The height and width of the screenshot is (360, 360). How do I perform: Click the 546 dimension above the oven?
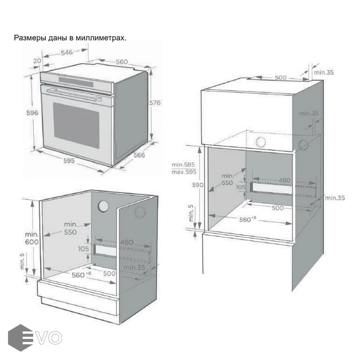pos(67,52)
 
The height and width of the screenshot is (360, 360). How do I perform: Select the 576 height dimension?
pos(155,103)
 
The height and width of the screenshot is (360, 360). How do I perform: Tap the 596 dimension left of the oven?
pos(33,113)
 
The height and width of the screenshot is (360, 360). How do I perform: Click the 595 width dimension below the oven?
pos(69,161)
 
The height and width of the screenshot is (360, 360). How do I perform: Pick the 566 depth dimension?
pos(139,155)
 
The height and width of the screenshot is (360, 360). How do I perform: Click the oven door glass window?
pos(76,124)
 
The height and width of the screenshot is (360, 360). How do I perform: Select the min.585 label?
pos(183,165)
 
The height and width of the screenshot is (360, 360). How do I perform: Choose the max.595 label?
pos(183,172)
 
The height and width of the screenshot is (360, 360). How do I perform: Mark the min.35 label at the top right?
pos(323,72)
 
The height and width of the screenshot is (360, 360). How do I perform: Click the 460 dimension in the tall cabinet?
pos(284,180)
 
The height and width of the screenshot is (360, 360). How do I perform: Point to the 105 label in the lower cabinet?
pos(83,249)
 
